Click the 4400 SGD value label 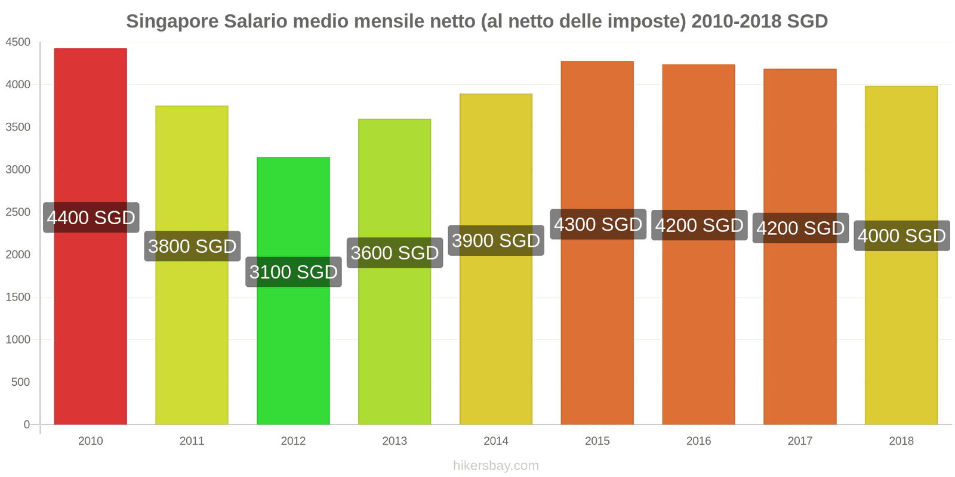click(x=91, y=218)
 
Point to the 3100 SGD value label click(x=294, y=272)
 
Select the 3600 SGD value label click(x=395, y=253)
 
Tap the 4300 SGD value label click(x=598, y=224)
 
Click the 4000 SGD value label click(x=902, y=236)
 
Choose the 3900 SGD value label click(x=496, y=240)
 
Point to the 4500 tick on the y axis click(x=18, y=42)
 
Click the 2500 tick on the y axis click(x=18, y=212)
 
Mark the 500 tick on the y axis click(x=20, y=382)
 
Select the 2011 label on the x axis click(x=192, y=441)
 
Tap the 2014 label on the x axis click(x=496, y=441)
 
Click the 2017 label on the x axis click(x=800, y=441)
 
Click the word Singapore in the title click(x=172, y=21)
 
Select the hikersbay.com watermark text click(x=496, y=466)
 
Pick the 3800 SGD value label click(x=192, y=246)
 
